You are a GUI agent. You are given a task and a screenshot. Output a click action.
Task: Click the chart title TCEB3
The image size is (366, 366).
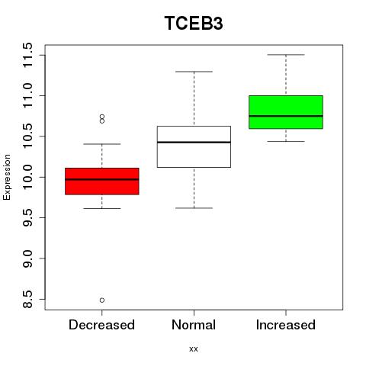coord(194,23)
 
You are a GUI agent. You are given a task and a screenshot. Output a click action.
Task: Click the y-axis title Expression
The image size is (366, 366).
coord(7,177)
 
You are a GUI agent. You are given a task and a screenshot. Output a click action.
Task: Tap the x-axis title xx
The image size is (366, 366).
coord(194,349)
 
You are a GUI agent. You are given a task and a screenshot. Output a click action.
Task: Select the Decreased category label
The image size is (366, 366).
coord(101,325)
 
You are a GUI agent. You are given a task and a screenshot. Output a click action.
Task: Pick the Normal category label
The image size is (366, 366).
coord(194,325)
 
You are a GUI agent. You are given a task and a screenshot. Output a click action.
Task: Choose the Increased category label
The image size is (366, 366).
coord(286,325)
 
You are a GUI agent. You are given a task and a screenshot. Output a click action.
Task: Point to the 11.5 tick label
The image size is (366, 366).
coord(27,55)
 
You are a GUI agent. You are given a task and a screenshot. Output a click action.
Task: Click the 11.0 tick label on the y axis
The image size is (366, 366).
coord(27,96)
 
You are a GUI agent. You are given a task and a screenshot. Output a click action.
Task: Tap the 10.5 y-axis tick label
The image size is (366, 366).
coord(27,136)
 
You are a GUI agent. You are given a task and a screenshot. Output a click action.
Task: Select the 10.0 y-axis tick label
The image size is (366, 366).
coord(27,177)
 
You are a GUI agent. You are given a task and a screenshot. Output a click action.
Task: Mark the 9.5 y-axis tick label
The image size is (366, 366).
coord(27,218)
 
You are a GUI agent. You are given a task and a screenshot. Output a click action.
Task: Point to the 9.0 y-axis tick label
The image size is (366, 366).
coord(27,258)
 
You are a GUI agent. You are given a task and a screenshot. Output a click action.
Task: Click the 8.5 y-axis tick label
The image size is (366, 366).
coord(27,299)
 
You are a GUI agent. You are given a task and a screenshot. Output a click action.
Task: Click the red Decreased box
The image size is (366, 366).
coord(102,181)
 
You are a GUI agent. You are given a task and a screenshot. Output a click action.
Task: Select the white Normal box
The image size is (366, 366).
coord(194,146)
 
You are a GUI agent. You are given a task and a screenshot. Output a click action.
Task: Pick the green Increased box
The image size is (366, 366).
coord(286,112)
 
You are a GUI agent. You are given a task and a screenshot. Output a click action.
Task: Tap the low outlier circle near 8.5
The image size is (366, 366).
coord(102,300)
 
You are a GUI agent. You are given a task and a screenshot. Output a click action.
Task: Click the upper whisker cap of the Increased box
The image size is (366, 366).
coord(286,55)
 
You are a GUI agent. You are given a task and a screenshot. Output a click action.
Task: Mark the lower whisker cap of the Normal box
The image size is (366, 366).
coord(194,208)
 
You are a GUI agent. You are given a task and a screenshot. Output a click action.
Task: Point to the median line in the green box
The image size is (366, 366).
coord(286,116)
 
